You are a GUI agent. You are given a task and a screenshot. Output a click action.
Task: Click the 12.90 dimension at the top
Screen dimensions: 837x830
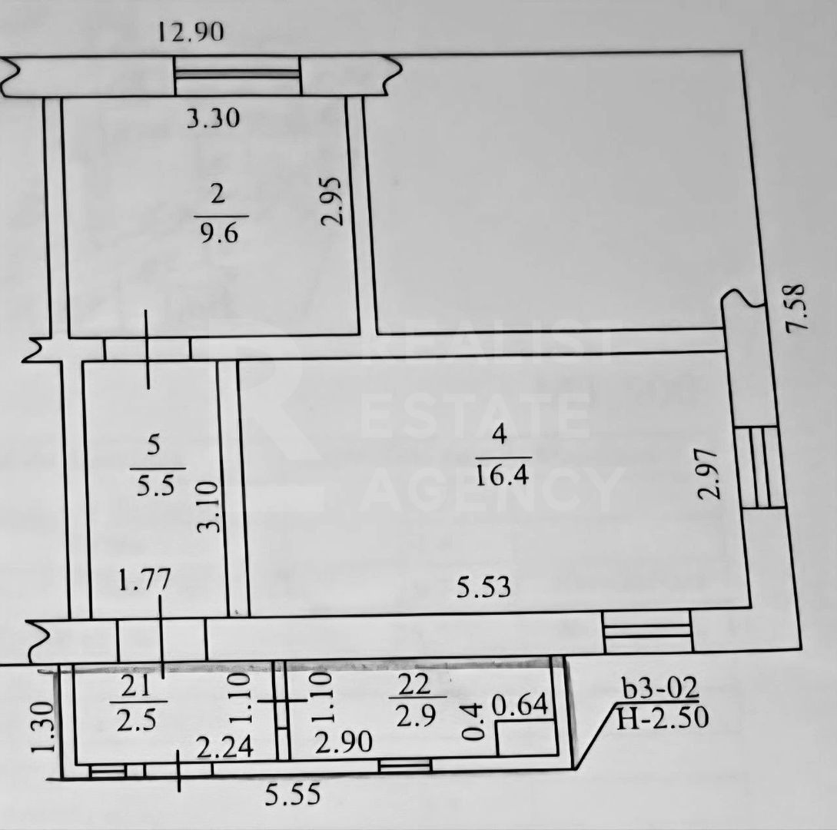[191, 32]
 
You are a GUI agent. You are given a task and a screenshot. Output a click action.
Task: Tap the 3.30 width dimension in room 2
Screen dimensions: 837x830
[213, 118]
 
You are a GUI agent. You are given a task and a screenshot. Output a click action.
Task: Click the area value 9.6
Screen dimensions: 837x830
[219, 234]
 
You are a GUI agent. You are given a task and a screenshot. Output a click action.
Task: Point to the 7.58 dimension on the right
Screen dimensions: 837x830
[795, 308]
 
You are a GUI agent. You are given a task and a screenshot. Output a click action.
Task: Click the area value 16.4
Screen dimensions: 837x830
[503, 474]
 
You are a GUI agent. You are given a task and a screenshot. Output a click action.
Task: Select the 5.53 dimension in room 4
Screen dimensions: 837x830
[483, 587]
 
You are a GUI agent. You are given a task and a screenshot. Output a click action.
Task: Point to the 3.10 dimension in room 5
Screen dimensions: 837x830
[209, 507]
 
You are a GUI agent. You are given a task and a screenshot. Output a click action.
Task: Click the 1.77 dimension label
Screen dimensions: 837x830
[144, 580]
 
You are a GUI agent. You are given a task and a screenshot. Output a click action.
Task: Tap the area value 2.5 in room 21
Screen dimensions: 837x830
[136, 720]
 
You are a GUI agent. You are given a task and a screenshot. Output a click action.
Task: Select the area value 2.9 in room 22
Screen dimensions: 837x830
[416, 715]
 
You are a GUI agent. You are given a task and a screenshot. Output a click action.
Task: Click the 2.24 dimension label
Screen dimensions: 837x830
[225, 747]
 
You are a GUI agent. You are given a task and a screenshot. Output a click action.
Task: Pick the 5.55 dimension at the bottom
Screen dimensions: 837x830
[293, 794]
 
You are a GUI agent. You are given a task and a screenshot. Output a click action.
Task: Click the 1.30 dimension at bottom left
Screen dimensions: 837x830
[44, 726]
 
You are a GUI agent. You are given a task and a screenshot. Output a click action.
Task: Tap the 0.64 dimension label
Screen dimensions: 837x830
[520, 705]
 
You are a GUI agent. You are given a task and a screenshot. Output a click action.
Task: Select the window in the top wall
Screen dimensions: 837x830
[237, 75]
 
